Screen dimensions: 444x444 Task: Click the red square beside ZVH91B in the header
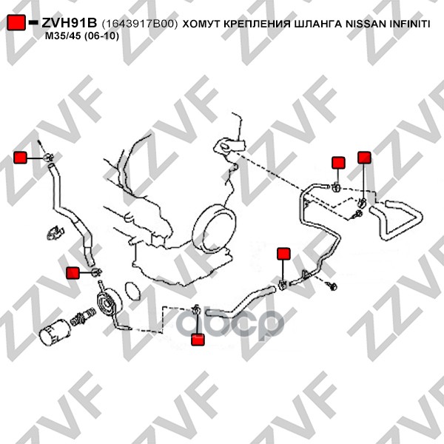[16, 22]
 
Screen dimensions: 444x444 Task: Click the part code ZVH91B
[70, 23]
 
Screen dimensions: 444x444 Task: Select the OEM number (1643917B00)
[140, 24]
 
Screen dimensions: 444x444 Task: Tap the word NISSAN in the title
[366, 24]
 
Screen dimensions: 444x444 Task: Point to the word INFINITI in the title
[410, 24]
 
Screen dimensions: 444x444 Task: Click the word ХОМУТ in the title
[201, 24]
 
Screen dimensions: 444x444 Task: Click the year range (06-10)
[101, 36]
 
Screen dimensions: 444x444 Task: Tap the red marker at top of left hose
[21, 158]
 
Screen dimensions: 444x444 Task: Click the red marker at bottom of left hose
[73, 272]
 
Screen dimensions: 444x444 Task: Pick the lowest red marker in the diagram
[198, 340]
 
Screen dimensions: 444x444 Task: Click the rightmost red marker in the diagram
[364, 158]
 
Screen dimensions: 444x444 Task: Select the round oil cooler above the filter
[110, 303]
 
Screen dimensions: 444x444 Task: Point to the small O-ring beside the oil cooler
[132, 291]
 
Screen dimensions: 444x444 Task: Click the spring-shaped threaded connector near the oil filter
[82, 315]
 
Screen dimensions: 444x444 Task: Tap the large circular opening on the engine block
[214, 229]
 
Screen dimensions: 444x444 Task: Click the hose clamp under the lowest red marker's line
[196, 309]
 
